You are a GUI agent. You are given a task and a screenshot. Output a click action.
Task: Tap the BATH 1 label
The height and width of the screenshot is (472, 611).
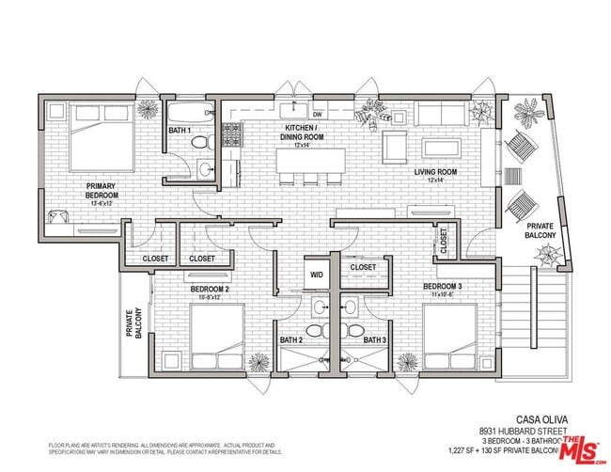pos(180,130)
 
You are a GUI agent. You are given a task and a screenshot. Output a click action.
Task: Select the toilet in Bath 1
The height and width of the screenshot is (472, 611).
pos(199,142)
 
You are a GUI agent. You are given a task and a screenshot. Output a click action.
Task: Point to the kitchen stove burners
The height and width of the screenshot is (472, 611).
pos(232,137)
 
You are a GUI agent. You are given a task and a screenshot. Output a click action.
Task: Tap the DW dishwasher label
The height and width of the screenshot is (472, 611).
pos(318,114)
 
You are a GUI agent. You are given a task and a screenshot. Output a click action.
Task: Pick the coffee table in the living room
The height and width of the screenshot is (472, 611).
pos(441,149)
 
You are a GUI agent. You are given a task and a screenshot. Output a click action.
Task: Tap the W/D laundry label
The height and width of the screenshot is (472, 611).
pos(317,275)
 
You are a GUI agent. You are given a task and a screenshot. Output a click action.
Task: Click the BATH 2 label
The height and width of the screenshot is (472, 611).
pos(291,339)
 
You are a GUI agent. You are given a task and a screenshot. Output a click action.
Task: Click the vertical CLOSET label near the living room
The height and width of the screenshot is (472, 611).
pos(443,243)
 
